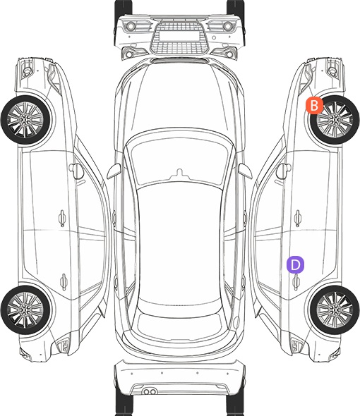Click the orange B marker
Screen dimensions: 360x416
pos(314,105)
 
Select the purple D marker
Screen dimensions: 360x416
pos(295,264)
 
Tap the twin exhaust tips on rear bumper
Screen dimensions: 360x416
pos(150,391)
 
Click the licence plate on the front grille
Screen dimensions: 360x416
pos(179,36)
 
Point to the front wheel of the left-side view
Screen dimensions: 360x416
pos(25,120)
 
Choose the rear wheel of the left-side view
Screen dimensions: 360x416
pos(25,310)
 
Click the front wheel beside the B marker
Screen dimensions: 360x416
pos(335,120)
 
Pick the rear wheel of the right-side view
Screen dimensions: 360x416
pos(335,310)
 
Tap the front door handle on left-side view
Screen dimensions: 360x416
pos(62,218)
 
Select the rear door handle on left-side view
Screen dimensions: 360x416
pos(64,282)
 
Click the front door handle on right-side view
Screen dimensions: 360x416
pos(298,218)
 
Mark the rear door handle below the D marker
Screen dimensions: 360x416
pos(296,282)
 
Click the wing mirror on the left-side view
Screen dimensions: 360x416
pos(76,171)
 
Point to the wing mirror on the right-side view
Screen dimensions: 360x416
pos(283,171)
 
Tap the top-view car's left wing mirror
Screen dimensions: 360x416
pos(114,171)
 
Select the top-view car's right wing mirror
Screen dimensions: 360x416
pos(245,171)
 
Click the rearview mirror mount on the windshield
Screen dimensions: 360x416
pos(180,173)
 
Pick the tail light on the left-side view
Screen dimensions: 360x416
pos(63,345)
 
